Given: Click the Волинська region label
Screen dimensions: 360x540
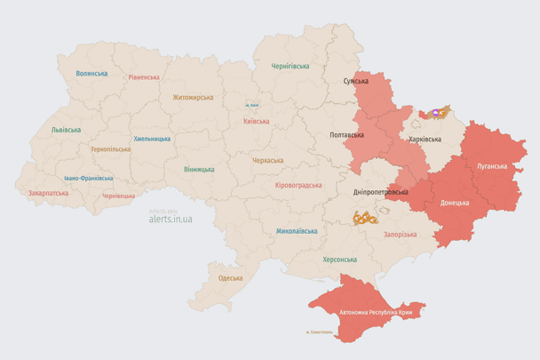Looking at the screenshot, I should point(91,74).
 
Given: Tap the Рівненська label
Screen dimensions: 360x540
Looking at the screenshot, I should point(143,77).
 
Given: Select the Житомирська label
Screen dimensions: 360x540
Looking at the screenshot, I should point(193,97).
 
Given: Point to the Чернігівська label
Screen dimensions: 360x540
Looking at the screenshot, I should point(290,66).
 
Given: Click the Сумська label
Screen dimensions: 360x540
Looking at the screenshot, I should point(356,81).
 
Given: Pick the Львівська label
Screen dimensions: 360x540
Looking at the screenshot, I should point(66,130).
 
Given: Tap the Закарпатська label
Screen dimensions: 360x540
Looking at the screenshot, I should point(48,192).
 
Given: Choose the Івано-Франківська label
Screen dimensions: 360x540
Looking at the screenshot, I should point(88,178).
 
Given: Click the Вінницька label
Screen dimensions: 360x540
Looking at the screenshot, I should point(199,169).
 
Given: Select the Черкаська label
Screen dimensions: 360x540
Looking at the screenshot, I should point(268,161).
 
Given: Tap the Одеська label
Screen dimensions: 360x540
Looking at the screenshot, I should point(231,278).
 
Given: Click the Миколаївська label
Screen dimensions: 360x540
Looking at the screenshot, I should point(297,231).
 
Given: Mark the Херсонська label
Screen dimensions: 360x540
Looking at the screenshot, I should point(340,259).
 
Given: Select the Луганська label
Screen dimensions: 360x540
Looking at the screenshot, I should point(493,166).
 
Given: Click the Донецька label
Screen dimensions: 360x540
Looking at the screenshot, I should point(456,203).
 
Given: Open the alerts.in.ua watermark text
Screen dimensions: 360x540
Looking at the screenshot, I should point(171,218).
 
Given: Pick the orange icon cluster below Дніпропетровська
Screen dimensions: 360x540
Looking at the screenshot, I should point(365,217).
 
